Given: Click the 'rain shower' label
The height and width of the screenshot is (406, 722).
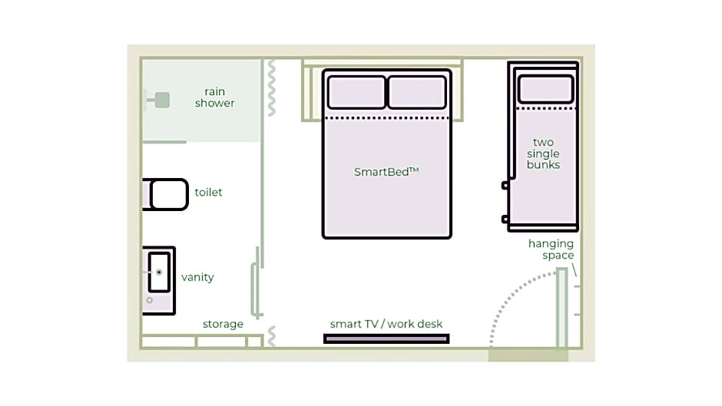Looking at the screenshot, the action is [214, 97].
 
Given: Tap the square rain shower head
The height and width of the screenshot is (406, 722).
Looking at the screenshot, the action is [162, 100].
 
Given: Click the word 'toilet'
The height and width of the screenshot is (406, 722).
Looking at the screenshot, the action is [208, 192].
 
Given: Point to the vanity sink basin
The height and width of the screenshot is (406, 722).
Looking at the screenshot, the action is [159, 272].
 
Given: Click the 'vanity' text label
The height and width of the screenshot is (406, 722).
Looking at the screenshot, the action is [197, 277].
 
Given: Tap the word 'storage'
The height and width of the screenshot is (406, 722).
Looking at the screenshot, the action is [223, 324].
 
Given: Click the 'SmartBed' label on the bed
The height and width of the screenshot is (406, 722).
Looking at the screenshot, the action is [386, 172].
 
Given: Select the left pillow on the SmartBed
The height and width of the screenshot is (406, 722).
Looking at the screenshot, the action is [356, 92].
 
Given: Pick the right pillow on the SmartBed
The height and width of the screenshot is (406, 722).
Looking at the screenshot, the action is [417, 92].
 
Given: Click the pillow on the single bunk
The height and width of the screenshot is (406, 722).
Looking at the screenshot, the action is [545, 89].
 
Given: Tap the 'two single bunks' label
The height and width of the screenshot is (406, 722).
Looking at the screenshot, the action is [543, 153].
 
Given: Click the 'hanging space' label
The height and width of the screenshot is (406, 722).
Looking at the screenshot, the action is [551, 249].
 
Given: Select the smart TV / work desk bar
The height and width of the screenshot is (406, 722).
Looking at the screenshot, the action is [386, 339].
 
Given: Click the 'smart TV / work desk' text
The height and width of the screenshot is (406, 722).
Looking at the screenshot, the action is [386, 324].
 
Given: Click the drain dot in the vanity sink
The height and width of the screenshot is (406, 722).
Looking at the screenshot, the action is [159, 272].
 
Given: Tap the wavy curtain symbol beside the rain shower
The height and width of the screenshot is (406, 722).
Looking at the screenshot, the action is [272, 87].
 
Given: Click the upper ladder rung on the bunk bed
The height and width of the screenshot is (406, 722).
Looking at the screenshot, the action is [505, 186].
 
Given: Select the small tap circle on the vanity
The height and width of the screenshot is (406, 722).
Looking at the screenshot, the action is [150, 300].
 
